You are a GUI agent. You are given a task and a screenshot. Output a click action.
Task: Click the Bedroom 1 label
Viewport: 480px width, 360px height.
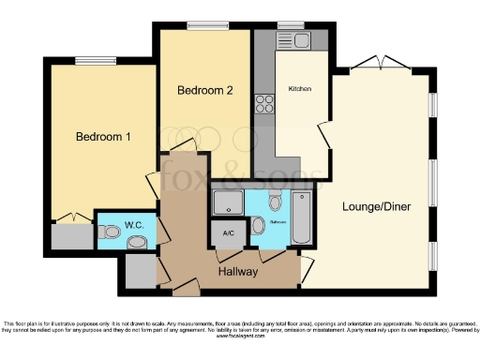point(102,137)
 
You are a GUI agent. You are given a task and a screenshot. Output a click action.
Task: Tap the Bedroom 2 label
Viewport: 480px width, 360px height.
point(204,91)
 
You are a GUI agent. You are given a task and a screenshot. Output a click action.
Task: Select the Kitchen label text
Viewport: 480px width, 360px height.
point(300,89)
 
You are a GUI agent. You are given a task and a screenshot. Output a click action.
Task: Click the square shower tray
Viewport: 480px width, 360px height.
point(227,203)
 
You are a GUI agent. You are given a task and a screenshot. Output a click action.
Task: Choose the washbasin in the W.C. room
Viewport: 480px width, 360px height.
point(137,243)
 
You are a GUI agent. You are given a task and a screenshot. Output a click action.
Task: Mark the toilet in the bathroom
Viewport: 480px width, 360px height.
point(275,201)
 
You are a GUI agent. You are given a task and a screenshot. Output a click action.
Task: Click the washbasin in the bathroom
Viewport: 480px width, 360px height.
point(258,225)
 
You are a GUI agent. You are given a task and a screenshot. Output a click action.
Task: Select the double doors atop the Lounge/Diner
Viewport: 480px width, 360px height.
point(381,64)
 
